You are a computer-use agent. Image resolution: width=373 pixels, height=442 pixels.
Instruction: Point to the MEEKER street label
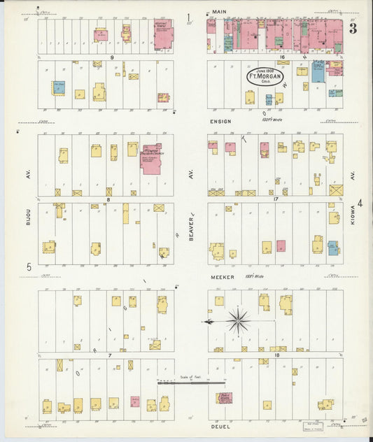coord(220,277)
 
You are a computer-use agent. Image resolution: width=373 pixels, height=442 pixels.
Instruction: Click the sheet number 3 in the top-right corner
coord(353,28)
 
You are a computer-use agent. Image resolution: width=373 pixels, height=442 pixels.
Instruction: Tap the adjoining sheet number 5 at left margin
coord(29,266)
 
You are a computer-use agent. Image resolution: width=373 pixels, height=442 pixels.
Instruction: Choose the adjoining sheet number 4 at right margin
coord(360,204)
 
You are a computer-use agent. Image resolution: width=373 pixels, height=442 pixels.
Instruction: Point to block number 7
coord(110,355)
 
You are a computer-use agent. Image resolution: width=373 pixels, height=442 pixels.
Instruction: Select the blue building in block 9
coord(58,87)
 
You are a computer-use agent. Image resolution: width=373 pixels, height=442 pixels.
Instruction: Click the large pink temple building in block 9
coord(163,34)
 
